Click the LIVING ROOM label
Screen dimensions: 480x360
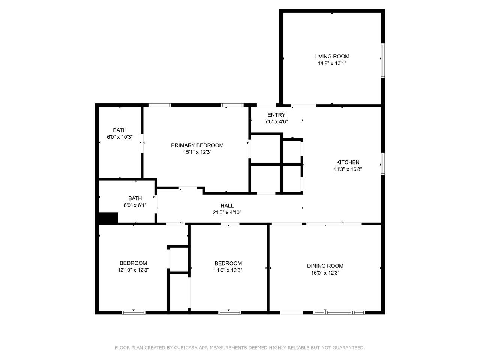click(x=332, y=56)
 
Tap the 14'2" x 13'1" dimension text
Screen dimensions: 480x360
click(x=332, y=63)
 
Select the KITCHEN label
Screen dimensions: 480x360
click(x=348, y=162)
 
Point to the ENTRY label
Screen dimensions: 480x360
click(x=276, y=115)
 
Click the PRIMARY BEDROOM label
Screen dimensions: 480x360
click(x=197, y=145)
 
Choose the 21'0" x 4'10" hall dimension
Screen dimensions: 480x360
click(x=227, y=213)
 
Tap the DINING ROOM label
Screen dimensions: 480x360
click(x=325, y=266)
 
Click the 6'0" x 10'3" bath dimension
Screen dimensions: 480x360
click(x=120, y=137)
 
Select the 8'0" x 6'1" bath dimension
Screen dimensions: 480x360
click(x=135, y=205)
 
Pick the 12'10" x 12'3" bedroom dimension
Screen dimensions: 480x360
click(x=133, y=270)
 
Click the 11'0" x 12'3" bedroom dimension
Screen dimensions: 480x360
click(x=228, y=270)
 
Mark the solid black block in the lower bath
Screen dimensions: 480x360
click(x=108, y=218)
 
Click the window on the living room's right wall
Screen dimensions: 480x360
click(x=383, y=60)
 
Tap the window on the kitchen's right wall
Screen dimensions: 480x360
click(x=383, y=164)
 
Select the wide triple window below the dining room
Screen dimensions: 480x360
click(x=339, y=313)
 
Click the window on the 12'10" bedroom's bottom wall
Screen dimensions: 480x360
click(x=133, y=313)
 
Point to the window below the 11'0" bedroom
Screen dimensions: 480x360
click(x=229, y=313)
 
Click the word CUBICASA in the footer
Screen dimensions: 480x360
click(x=186, y=348)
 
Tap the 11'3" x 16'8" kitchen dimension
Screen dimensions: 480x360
click(x=348, y=169)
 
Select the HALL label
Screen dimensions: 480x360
click(x=227, y=205)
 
